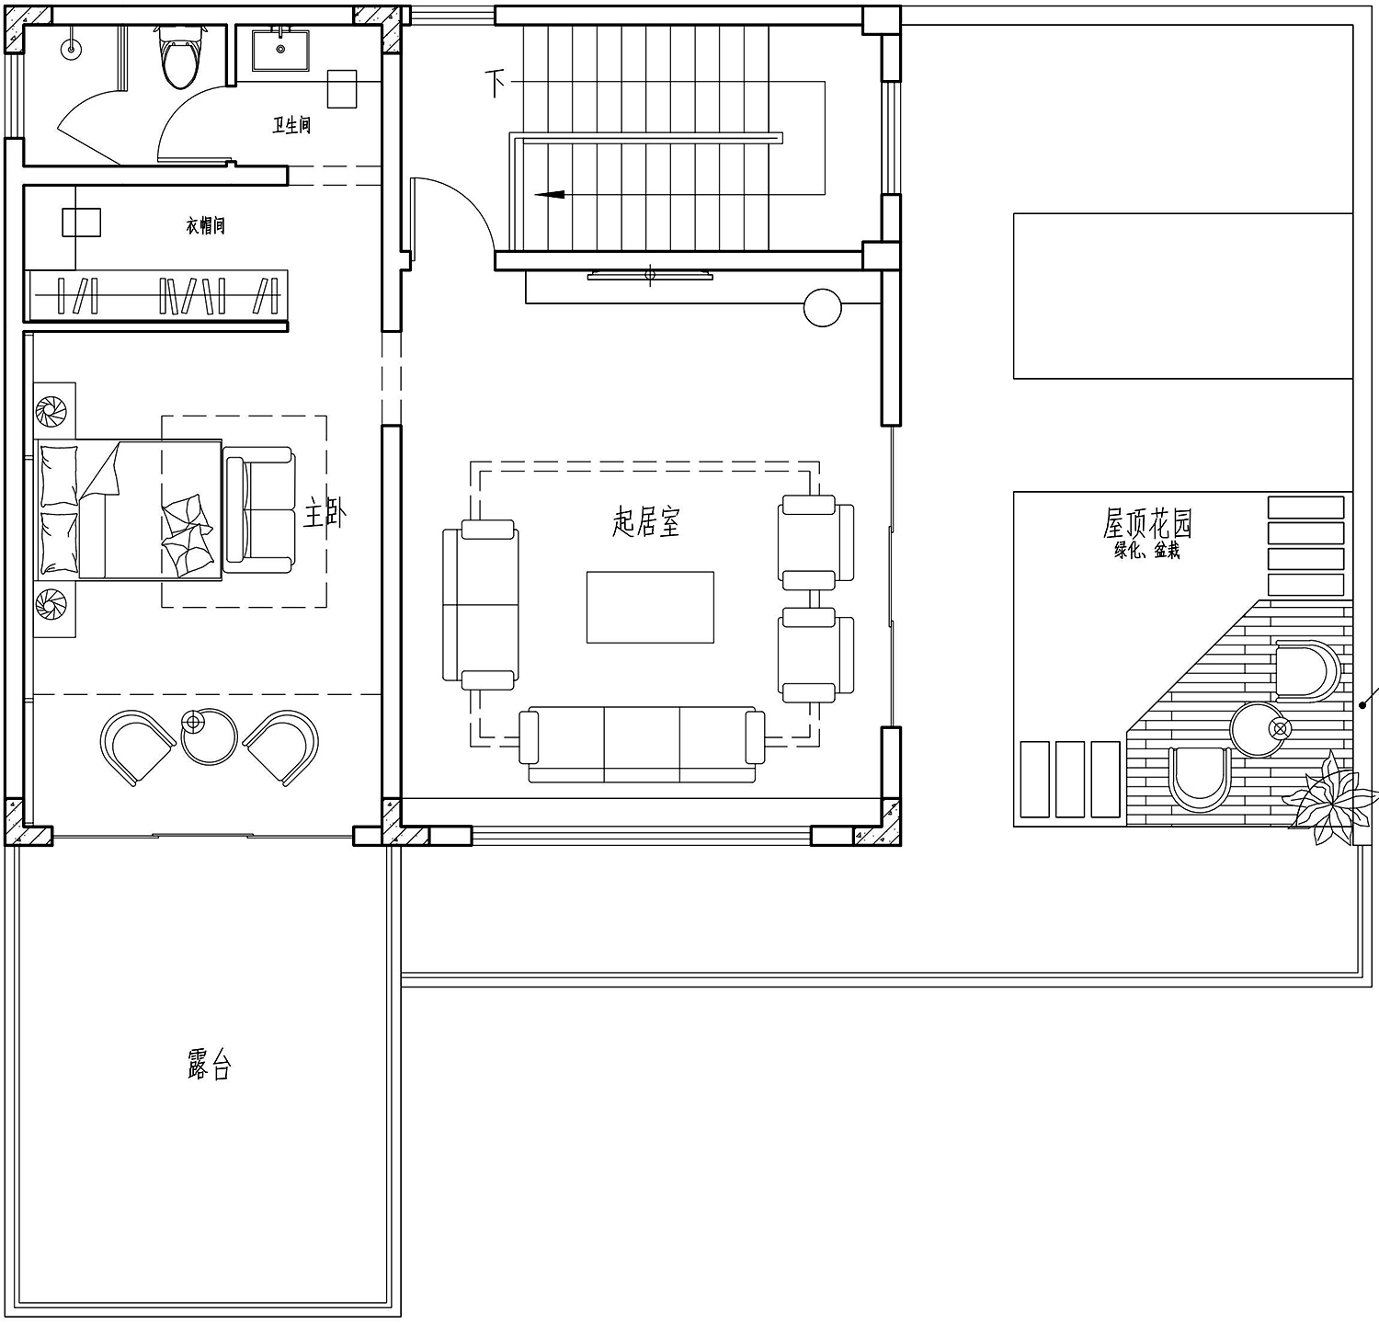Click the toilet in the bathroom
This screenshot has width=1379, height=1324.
[x=179, y=57]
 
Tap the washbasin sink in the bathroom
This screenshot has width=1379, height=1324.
[x=279, y=50]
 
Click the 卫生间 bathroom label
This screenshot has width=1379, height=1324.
[x=291, y=125]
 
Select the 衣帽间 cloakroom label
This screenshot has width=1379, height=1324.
[x=206, y=225]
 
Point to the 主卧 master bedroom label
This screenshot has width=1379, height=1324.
[x=325, y=513]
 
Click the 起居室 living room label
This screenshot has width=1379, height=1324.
[x=646, y=521]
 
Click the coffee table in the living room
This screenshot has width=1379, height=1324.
[x=650, y=607]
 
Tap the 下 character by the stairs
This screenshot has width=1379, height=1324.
[x=496, y=83]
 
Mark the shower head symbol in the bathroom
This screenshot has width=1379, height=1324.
[x=71, y=47]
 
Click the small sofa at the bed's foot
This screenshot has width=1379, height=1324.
[x=260, y=509]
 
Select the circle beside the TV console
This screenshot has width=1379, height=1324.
[x=822, y=308]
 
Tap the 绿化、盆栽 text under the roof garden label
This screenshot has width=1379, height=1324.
[x=1146, y=551]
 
